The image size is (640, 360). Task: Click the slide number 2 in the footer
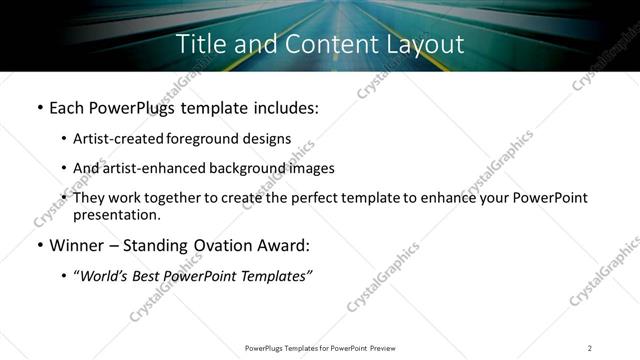tap(590, 348)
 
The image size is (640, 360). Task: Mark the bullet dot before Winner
tap(38, 246)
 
